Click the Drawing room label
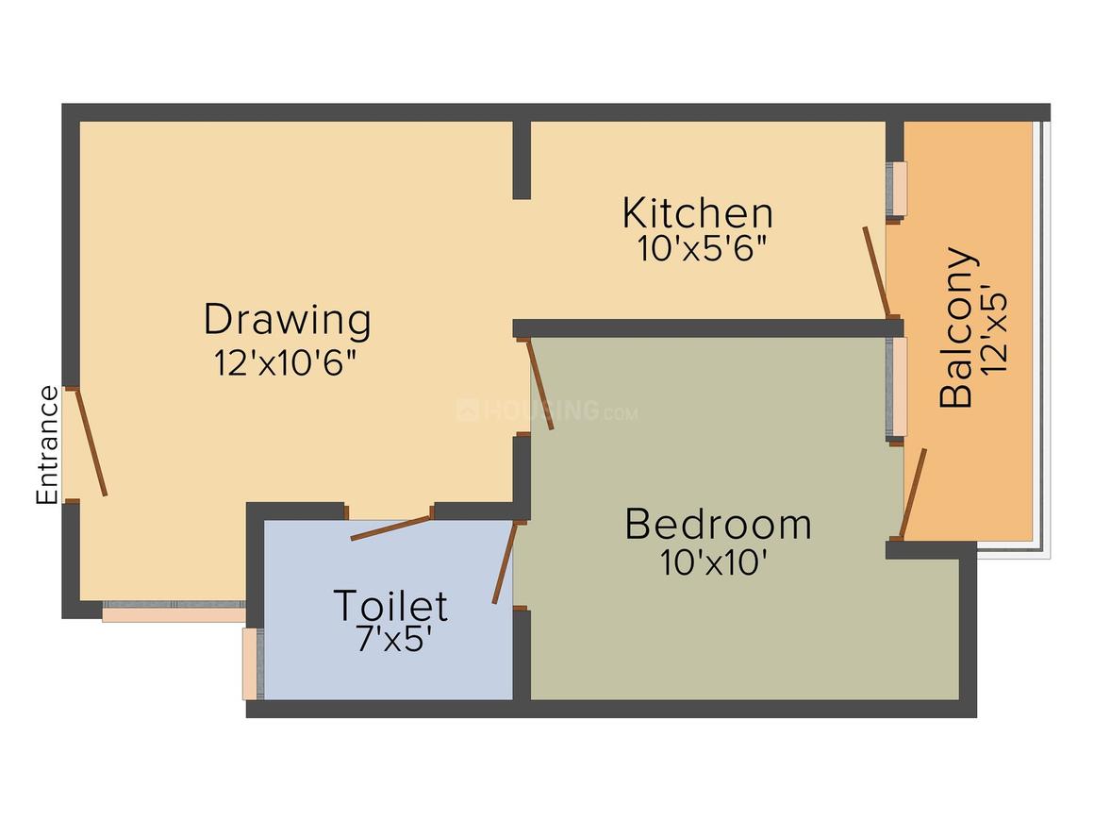coord(288,321)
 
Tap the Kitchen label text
coord(698,213)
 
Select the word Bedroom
coord(718,525)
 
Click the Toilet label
coord(390,605)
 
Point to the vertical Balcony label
coord(955,327)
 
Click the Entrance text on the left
coord(47,444)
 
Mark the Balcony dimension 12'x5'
coord(994,328)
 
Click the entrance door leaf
coord(91,442)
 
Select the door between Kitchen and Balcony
coord(876,273)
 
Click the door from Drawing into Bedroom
coord(540,383)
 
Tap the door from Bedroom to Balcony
coord(913,494)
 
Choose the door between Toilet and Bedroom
coord(506,562)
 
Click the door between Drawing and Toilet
coord(390,528)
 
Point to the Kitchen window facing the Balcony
coord(897,189)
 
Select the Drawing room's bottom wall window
coord(174,612)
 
